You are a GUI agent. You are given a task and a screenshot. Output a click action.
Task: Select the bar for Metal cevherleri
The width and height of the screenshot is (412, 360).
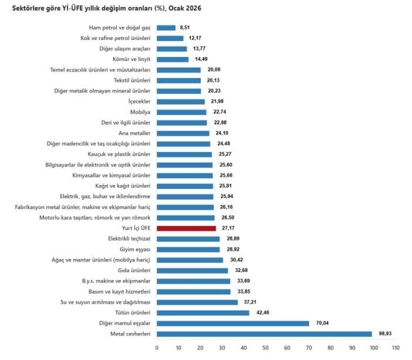264,334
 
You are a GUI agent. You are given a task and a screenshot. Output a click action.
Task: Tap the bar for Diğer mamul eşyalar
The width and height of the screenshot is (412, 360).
233,324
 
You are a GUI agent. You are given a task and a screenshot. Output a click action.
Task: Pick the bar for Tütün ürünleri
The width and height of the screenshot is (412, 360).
203,313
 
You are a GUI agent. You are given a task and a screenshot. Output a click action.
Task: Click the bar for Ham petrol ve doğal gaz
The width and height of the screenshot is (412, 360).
166,28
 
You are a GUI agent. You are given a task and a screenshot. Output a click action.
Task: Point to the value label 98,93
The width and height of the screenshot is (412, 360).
385,334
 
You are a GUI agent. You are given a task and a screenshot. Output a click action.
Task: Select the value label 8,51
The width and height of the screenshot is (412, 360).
185,28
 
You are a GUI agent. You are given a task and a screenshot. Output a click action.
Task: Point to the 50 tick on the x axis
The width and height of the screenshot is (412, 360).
265,348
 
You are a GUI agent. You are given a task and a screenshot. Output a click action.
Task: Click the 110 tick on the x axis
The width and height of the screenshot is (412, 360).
395,348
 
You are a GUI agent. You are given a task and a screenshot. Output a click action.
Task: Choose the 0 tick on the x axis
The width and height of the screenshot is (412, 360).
157,348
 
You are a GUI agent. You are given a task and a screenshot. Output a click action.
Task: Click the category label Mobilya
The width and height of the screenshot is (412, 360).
140,112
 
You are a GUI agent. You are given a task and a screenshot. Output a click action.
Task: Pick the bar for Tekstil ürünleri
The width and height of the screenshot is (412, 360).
179,80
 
